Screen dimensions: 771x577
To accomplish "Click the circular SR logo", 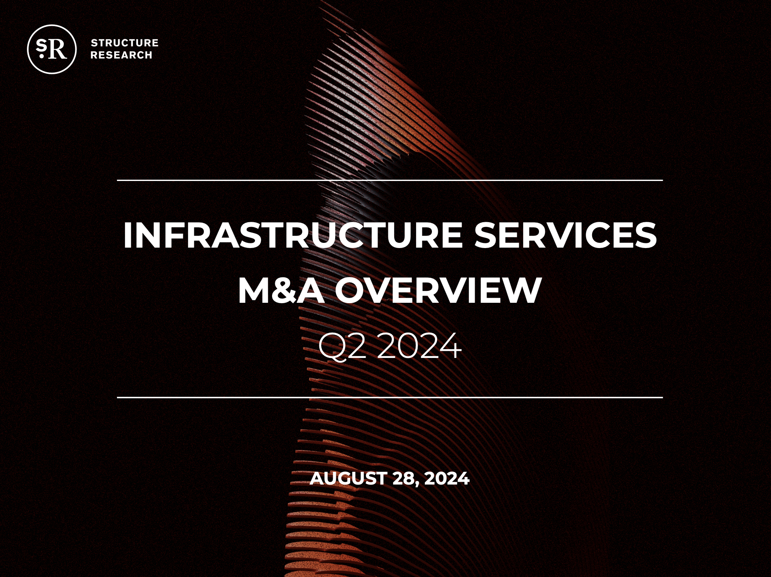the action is (x=52, y=49).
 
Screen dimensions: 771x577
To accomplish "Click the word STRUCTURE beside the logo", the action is (x=125, y=43).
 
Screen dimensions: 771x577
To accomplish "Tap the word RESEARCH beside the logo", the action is (x=121, y=55).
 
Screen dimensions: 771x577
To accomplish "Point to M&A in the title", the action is (x=281, y=290).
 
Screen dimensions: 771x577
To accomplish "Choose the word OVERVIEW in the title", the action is (x=438, y=290).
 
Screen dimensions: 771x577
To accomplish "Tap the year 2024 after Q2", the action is (x=419, y=346).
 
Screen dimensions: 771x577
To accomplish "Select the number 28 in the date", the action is (x=404, y=478).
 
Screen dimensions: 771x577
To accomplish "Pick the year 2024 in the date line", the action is (x=447, y=478).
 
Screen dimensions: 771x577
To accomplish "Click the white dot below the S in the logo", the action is (x=42, y=56).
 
